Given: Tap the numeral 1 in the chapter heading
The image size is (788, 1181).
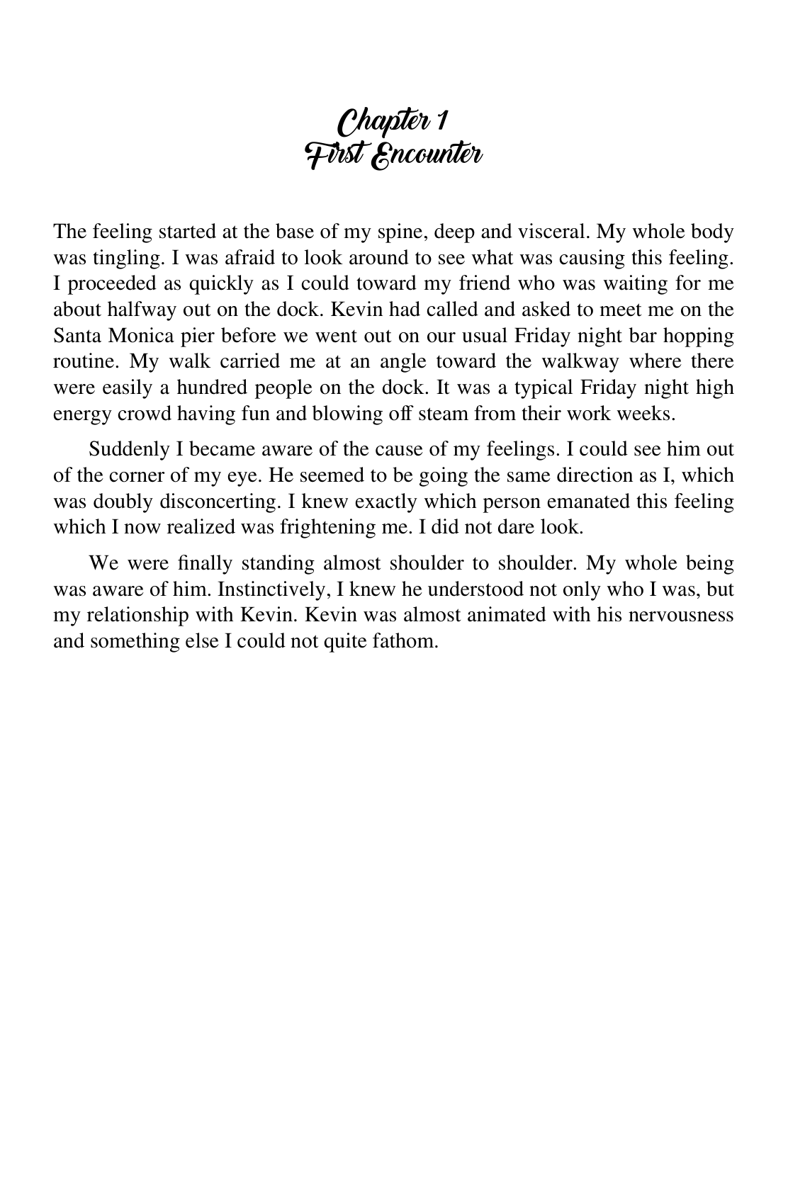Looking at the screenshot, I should [x=441, y=122].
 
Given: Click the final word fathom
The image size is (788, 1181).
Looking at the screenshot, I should [x=412, y=640].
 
